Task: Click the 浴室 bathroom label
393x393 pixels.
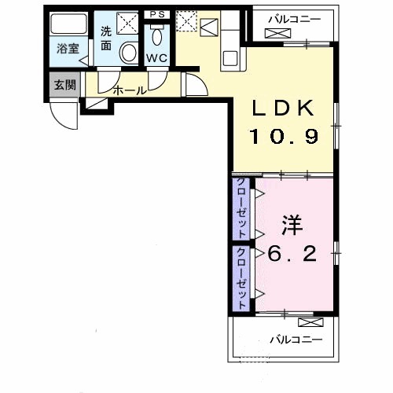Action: tap(68, 49)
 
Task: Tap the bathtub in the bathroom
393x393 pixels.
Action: tap(68, 24)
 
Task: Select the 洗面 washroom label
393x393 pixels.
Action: tap(106, 39)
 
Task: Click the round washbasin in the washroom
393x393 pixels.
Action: tap(129, 53)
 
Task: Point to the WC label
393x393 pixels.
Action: tap(156, 58)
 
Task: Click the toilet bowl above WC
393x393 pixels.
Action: tap(156, 36)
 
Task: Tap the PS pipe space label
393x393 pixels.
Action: tap(157, 14)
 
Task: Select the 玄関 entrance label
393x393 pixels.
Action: tap(65, 85)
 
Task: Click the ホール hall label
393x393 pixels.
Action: tap(130, 90)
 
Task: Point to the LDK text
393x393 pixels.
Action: tap(283, 108)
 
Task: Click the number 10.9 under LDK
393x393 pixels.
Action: tap(285, 136)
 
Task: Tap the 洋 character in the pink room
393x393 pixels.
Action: tap(292, 225)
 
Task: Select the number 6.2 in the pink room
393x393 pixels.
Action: tap(292, 254)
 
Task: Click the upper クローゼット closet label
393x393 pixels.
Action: tap(241, 208)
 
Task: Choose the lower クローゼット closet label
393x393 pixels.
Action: tap(241, 278)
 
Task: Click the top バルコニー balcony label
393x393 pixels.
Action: tap(294, 20)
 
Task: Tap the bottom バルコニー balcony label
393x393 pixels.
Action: tap(296, 340)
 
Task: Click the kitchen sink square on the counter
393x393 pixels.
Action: tap(230, 58)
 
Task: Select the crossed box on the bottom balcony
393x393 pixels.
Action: tap(310, 322)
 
